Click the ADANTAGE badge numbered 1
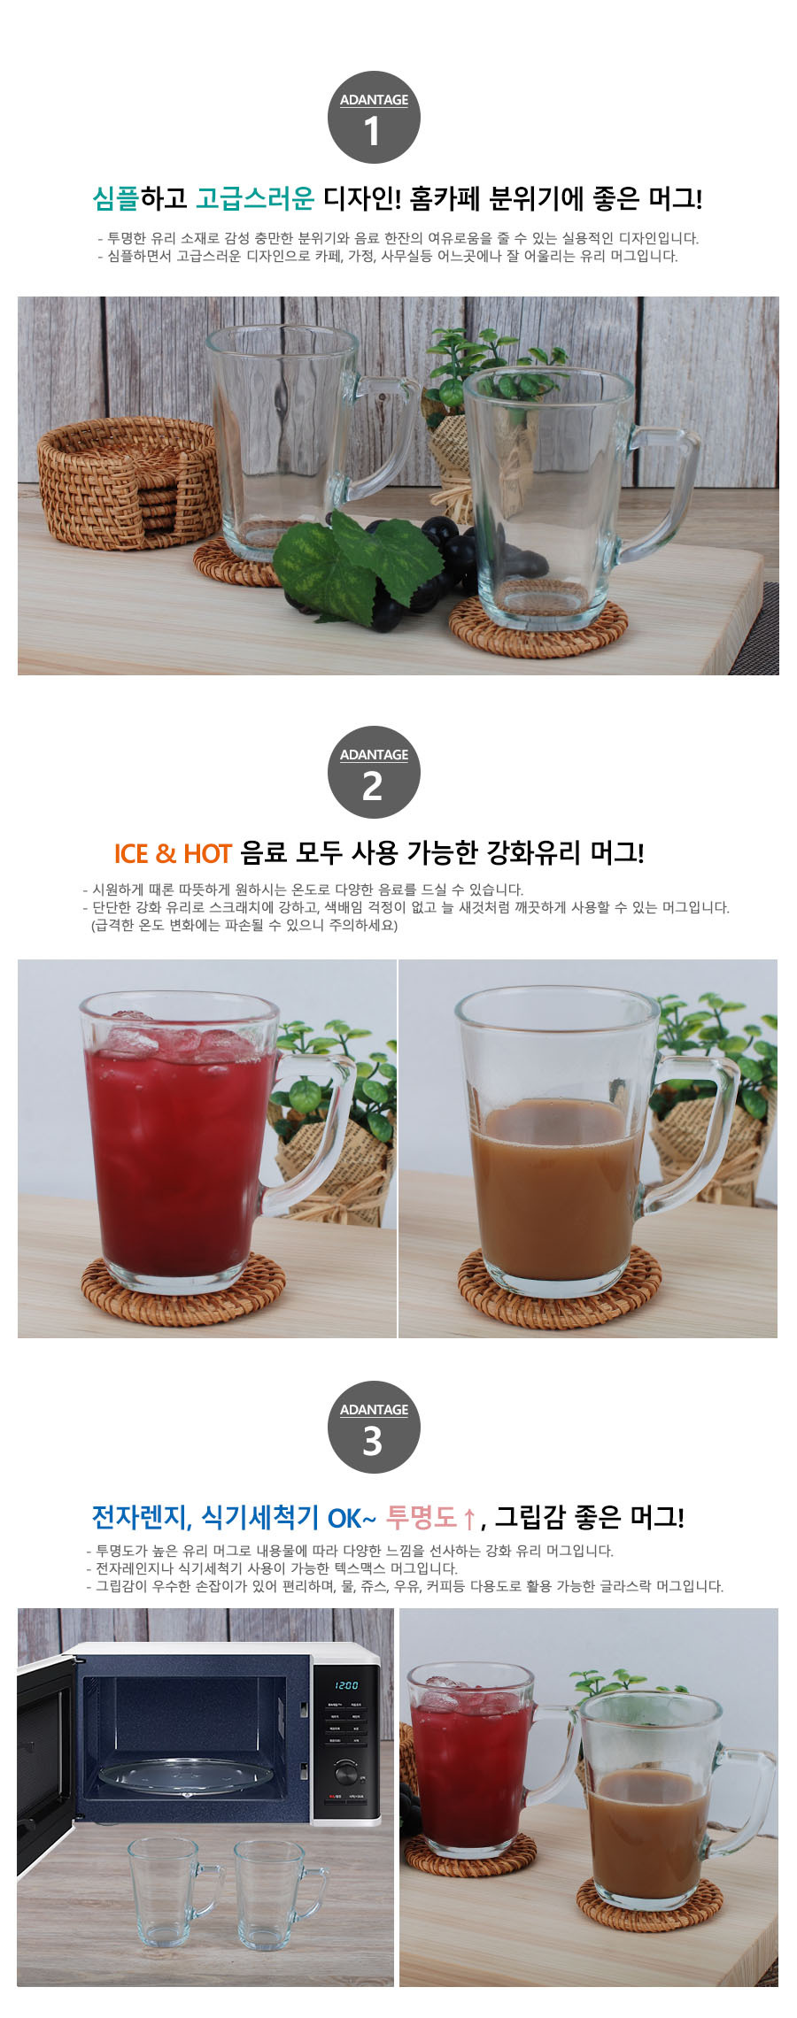tap(374, 118)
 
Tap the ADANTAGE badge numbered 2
tap(374, 773)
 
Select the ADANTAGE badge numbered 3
tap(374, 1428)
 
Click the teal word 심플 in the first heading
tap(116, 198)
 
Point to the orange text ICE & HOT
tap(173, 853)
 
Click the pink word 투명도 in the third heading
tap(422, 1517)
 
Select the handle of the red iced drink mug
tap(310, 1124)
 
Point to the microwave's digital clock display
tap(346, 1685)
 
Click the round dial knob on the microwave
tap(346, 1773)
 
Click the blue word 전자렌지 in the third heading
tap(140, 1517)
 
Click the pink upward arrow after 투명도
tap(469, 1520)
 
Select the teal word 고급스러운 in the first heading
tap(255, 198)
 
